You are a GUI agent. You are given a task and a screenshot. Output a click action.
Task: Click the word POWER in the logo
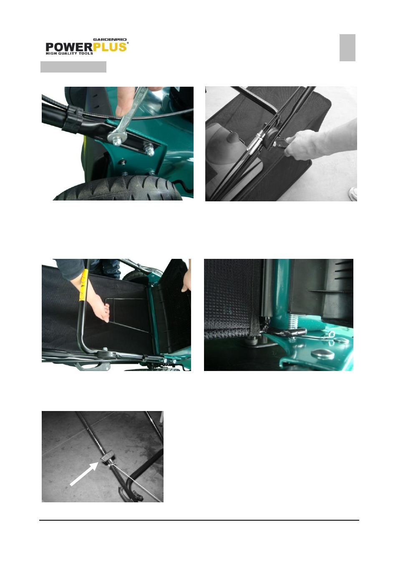pyautogui.click(x=69, y=47)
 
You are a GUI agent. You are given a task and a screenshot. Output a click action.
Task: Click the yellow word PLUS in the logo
pyautogui.click(x=110, y=47)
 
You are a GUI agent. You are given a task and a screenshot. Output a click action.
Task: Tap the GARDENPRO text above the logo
pyautogui.click(x=110, y=40)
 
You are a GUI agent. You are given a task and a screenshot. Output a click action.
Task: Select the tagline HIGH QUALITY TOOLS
pyautogui.click(x=69, y=53)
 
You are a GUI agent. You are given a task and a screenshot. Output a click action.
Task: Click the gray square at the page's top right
pyautogui.click(x=348, y=48)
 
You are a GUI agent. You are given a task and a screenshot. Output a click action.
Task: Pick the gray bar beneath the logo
pyautogui.click(x=73, y=67)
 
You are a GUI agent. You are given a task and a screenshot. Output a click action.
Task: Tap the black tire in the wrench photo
pyautogui.click(x=118, y=188)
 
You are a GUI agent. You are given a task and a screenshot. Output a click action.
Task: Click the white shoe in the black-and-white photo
pyautogui.click(x=353, y=194)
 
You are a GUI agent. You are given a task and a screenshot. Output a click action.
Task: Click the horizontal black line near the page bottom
pyautogui.click(x=199, y=520)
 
